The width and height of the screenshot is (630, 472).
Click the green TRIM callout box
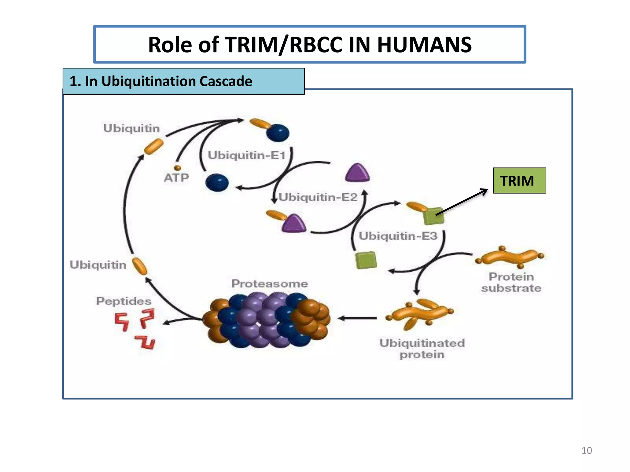click(x=519, y=180)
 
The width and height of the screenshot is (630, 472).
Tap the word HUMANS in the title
click(x=424, y=45)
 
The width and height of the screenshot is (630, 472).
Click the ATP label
click(x=176, y=178)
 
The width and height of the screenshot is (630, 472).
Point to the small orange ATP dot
click(x=177, y=168)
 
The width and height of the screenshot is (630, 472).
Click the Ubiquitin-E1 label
click(x=247, y=155)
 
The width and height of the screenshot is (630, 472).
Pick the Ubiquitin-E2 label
click(x=318, y=197)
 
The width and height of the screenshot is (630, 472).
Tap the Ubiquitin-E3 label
click(x=398, y=236)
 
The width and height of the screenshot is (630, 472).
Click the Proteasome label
click(x=269, y=283)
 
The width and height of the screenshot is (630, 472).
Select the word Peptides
click(x=124, y=301)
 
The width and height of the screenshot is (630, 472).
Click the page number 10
click(x=587, y=450)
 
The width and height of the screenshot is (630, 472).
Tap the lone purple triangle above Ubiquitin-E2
click(x=357, y=173)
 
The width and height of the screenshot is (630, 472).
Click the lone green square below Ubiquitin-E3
click(x=366, y=260)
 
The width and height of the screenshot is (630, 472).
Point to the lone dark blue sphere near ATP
click(x=217, y=183)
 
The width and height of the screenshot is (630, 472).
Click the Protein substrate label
click(x=511, y=282)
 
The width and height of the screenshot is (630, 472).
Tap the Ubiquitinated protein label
click(x=422, y=349)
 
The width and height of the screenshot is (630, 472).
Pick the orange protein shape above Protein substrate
click(x=510, y=257)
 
